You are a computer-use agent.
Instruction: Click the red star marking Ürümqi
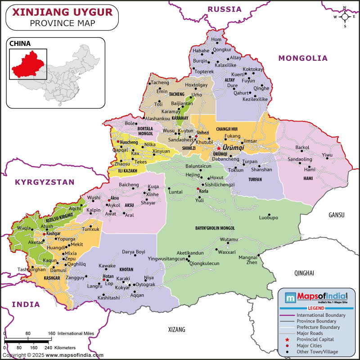(x=219, y=148)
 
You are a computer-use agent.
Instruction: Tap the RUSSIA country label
(x=225, y=9)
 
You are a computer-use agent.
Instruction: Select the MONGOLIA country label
(x=303, y=58)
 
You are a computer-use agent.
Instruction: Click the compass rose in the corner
(x=345, y=17)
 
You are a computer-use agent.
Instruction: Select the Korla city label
(x=204, y=191)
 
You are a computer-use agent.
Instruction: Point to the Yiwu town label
(x=327, y=155)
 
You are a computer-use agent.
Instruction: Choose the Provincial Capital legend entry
(x=315, y=339)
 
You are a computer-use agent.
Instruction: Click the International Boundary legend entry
(x=320, y=315)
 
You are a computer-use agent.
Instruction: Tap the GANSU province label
(x=336, y=215)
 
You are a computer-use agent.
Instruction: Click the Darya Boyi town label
(x=134, y=252)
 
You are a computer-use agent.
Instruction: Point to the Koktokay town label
(x=252, y=69)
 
